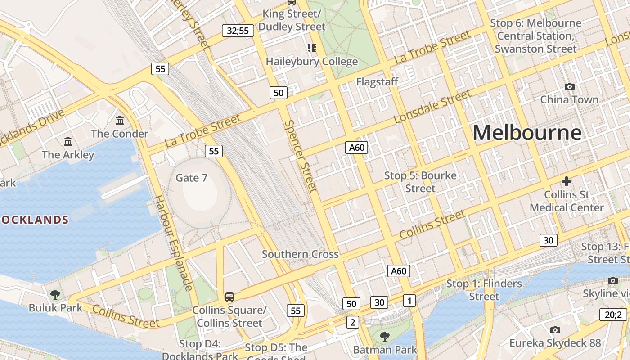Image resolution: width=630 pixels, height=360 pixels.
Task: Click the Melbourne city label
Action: pyautogui.click(x=527, y=133)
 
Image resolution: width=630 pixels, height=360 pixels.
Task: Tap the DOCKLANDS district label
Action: pyautogui.click(x=35, y=220)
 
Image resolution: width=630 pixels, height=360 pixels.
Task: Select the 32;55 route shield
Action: pyautogui.click(x=238, y=31)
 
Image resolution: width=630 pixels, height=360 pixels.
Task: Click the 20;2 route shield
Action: pyautogui.click(x=613, y=315)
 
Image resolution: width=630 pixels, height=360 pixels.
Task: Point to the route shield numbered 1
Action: pyautogui.click(x=409, y=300)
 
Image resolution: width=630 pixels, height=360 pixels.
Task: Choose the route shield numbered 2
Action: pyautogui.click(x=353, y=322)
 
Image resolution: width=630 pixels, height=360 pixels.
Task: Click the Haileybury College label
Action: pyautogui.click(x=312, y=62)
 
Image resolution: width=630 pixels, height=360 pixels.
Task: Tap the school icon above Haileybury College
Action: pyautogui.click(x=311, y=48)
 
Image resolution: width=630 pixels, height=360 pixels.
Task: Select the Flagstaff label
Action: pyautogui.click(x=377, y=82)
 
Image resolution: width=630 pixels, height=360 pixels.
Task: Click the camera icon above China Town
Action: pyautogui.click(x=569, y=86)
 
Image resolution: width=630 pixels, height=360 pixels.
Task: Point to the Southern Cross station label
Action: pyautogui.click(x=300, y=254)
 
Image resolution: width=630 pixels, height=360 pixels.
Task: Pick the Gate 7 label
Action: pyautogui.click(x=191, y=178)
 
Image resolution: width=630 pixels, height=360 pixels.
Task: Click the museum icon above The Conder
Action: pyautogui.click(x=120, y=120)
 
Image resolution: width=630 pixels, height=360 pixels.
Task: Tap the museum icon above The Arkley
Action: pyautogui.click(x=68, y=141)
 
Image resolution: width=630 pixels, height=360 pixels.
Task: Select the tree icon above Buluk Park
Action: pyautogui.click(x=55, y=295)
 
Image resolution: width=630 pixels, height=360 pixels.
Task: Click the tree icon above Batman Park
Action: pyautogui.click(x=384, y=336)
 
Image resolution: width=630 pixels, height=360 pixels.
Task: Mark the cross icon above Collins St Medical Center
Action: pyautogui.click(x=567, y=181)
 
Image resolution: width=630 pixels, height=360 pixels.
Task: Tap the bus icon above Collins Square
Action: pyautogui.click(x=229, y=297)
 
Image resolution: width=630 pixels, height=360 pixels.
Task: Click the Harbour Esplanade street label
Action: pyautogui.click(x=173, y=243)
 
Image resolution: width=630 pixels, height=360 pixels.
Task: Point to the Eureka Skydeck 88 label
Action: pyautogui.click(x=555, y=343)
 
